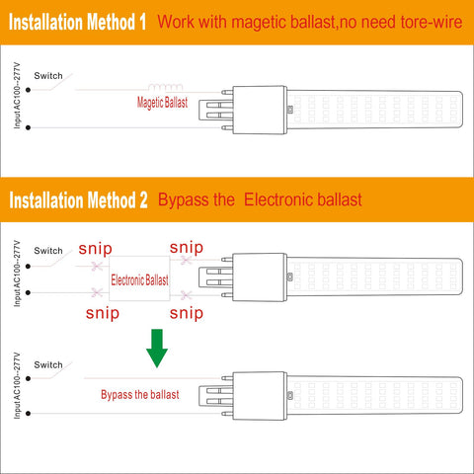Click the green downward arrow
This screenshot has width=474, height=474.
pyautogui.click(x=157, y=349)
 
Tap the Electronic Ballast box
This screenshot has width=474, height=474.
pyautogui.click(x=139, y=278)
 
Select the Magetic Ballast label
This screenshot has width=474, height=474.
pyautogui.click(x=162, y=103)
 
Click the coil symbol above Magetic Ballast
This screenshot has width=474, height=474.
pyautogui.click(x=165, y=87)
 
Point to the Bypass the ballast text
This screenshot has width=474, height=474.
pyautogui.click(x=140, y=394)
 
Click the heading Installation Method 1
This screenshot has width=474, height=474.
pyautogui.click(x=77, y=22)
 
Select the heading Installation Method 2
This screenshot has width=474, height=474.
pyautogui.click(x=78, y=200)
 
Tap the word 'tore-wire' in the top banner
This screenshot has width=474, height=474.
pyautogui.click(x=432, y=22)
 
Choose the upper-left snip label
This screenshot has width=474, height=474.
pyautogui.click(x=96, y=249)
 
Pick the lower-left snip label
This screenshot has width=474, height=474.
pyautogui.click(x=103, y=313)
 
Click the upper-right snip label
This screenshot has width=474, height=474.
pyautogui.click(x=187, y=248)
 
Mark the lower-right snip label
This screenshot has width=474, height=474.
pyautogui.click(x=187, y=313)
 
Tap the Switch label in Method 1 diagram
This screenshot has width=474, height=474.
pyautogui.click(x=48, y=76)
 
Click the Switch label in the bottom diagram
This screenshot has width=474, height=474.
pyautogui.click(x=48, y=364)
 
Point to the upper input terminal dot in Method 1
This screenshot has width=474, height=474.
pyautogui.click(x=28, y=90)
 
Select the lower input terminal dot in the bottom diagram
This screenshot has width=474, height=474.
pyautogui.click(x=28, y=414)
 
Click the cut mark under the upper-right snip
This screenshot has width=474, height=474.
pyautogui.click(x=187, y=261)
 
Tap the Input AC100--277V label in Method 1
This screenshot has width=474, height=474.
pyautogui.click(x=17, y=96)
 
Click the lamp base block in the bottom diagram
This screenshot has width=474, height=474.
pyautogui.click(x=260, y=396)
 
